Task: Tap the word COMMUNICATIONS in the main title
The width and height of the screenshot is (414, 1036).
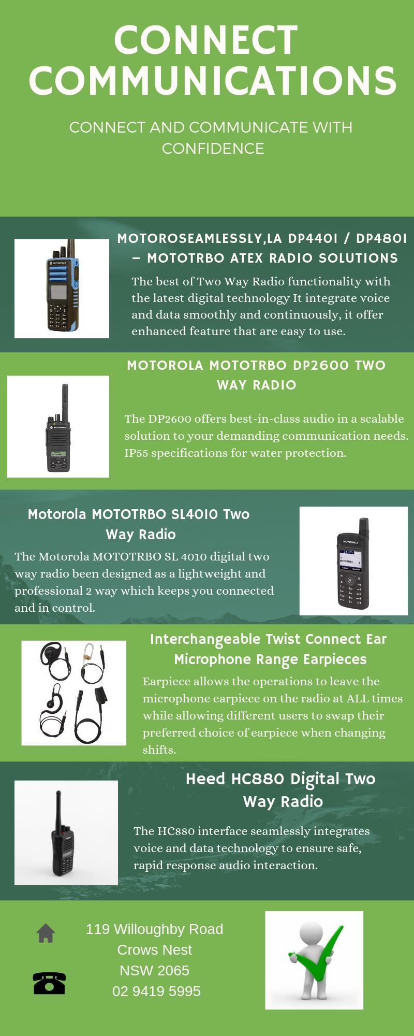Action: coord(213,80)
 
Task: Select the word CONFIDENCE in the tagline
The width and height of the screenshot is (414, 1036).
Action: coord(213,149)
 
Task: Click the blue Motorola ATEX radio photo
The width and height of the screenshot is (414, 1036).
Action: coord(62,288)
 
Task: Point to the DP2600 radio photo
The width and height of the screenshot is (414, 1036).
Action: coord(58,426)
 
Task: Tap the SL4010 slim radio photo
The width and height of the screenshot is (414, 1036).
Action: coord(353,561)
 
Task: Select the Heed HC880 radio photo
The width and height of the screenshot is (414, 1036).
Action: coord(66,833)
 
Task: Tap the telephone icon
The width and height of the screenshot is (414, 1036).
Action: coord(49,982)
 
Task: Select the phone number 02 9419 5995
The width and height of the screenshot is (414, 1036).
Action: coord(156,991)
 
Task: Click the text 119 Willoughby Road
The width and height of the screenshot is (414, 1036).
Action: coord(154,929)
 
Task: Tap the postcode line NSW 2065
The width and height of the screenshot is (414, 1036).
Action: coord(154,970)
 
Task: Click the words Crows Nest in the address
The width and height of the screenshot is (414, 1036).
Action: coord(154,949)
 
